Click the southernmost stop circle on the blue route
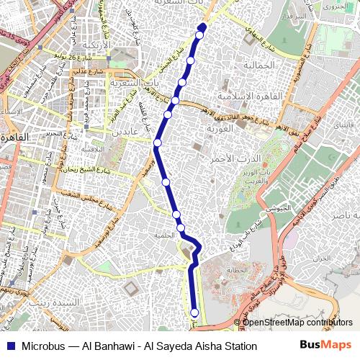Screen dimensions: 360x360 tap(194, 312)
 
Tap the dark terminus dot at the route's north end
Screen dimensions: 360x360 tap(202, 27)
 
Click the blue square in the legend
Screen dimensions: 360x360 tap(10, 346)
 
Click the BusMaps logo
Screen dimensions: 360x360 tap(325, 346)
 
